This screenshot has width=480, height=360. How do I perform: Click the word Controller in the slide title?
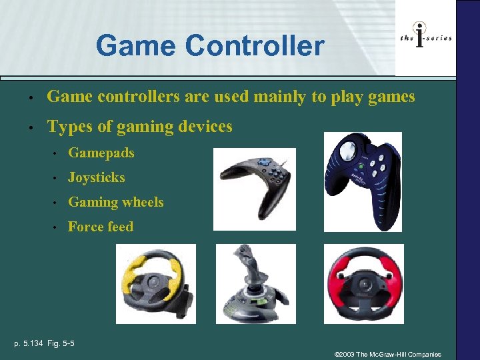(x=255, y=46)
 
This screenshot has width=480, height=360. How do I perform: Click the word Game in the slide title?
(x=137, y=46)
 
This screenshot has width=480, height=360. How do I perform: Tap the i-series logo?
(x=425, y=38)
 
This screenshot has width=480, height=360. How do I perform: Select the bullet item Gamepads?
(x=101, y=153)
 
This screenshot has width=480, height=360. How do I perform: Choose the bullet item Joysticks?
(x=96, y=177)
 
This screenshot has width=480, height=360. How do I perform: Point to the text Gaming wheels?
(x=115, y=202)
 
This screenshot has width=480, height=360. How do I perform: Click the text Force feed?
(x=100, y=227)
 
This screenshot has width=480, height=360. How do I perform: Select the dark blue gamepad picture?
(x=363, y=181)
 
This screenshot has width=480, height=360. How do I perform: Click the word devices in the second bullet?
(x=203, y=126)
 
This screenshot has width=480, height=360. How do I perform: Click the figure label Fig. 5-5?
(x=61, y=343)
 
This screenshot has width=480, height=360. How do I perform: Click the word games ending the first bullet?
(x=391, y=97)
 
